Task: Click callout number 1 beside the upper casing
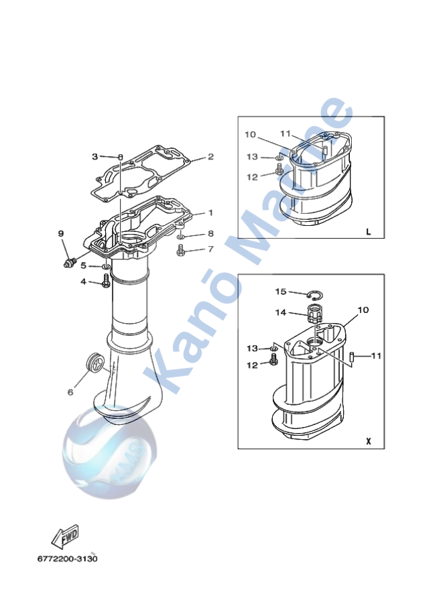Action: [210, 212]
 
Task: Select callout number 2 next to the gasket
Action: [210, 157]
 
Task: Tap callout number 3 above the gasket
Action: [95, 156]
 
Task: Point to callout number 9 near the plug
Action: [60, 233]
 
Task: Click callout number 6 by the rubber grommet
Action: [70, 392]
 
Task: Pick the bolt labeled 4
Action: [106, 284]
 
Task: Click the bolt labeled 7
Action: [180, 251]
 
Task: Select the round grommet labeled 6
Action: [95, 363]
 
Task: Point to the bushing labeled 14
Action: [315, 314]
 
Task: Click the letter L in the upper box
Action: [368, 232]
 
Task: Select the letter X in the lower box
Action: [368, 442]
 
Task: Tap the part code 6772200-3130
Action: [68, 558]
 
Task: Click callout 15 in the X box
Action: [281, 292]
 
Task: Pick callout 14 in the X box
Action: [281, 312]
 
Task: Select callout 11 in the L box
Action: [285, 133]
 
